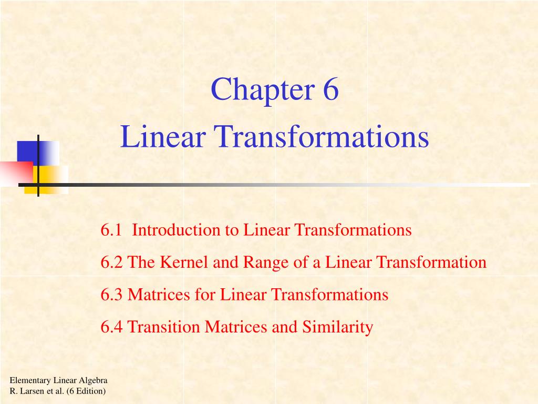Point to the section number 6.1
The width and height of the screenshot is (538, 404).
coord(111,230)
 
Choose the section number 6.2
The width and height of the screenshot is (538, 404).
coord(111,262)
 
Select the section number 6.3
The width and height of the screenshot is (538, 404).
coord(111,295)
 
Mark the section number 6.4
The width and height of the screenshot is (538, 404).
coord(111,327)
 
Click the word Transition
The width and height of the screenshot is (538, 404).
coord(164,327)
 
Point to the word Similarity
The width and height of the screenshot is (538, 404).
coord(338,327)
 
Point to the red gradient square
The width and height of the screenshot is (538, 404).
coord(16,173)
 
